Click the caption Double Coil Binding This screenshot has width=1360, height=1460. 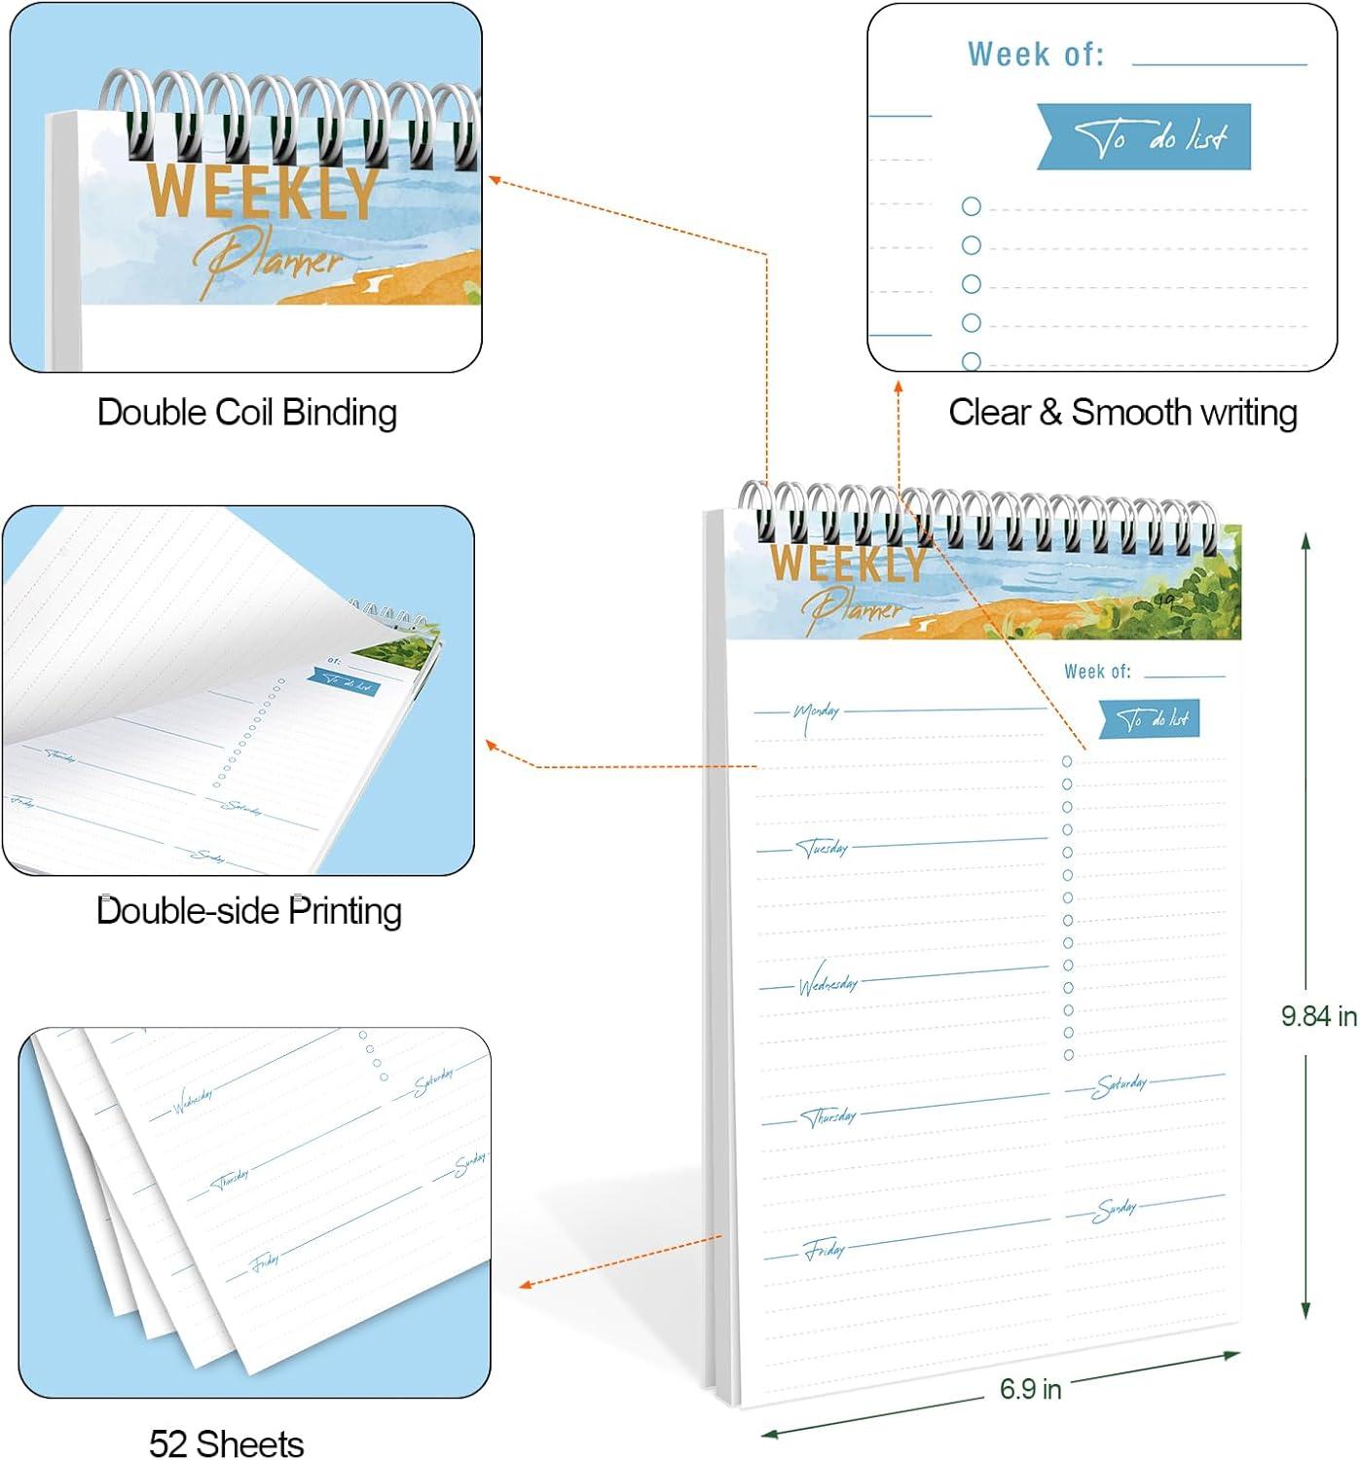point(247,413)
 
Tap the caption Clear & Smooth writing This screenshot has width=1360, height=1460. point(1122,413)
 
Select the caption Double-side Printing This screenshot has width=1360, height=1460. point(249,911)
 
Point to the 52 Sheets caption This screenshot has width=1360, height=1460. point(226,1442)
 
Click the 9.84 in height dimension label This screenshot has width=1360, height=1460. point(1318,1016)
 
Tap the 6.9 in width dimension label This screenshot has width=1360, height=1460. point(1030,1389)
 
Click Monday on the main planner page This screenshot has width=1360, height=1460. point(816,713)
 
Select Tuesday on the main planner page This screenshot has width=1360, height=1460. point(824,849)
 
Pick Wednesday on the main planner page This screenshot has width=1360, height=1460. point(827,984)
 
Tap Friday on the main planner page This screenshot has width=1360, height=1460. point(825,1250)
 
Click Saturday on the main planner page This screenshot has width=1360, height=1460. point(1121,1084)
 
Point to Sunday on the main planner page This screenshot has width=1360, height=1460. point(1115,1210)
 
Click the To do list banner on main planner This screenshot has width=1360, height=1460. point(1150,719)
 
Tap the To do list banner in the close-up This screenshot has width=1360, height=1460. point(1145,137)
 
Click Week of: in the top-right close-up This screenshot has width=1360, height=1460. point(1036,55)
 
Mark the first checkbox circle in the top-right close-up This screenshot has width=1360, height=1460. point(971,206)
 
